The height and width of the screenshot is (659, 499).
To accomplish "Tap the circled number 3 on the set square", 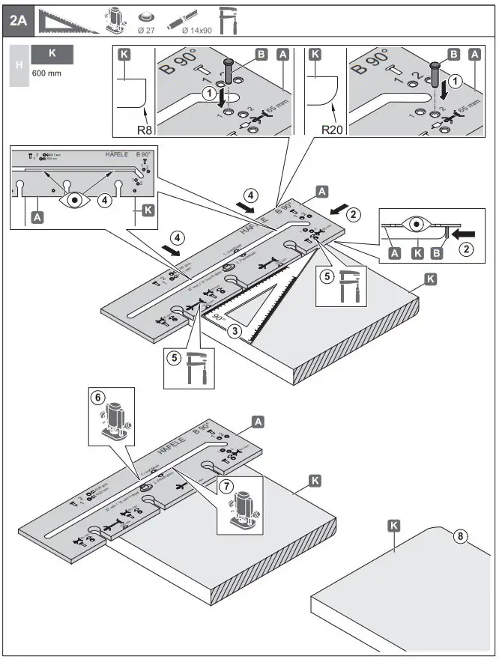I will tap(237, 330).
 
